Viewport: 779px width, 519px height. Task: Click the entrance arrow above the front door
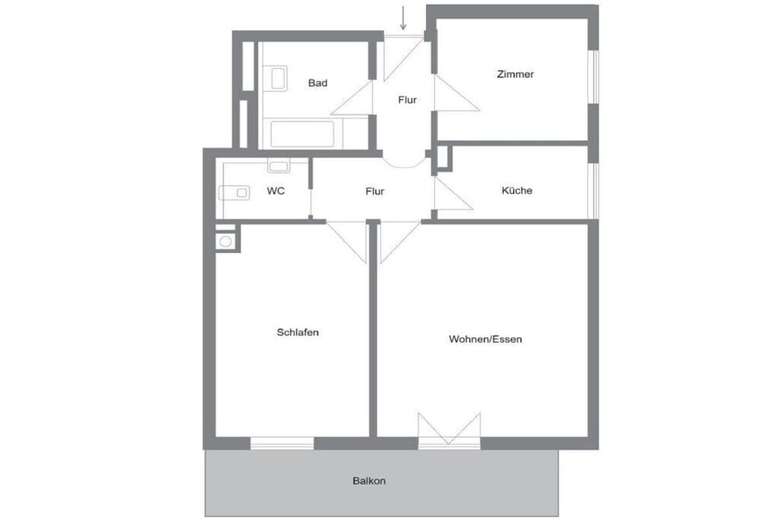(403, 18)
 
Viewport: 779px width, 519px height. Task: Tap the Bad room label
(318, 83)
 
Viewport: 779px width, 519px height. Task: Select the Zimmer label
(516, 74)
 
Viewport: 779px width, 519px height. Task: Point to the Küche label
(517, 191)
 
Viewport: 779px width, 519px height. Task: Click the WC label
(276, 191)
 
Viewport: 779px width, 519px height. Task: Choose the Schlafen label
(298, 332)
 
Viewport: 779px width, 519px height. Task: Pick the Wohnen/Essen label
(485, 339)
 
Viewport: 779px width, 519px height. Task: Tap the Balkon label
(369, 481)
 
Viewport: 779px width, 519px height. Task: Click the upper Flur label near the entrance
(407, 100)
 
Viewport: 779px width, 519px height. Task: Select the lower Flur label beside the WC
(375, 191)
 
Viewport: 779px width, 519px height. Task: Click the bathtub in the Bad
(302, 134)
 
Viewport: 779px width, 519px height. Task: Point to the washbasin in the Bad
(278, 79)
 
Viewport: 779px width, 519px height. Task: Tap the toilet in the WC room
(235, 192)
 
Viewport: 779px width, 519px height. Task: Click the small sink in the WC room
(278, 165)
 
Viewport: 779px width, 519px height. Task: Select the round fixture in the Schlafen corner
(226, 242)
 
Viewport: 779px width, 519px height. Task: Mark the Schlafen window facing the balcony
(282, 443)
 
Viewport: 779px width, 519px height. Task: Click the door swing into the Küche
(453, 193)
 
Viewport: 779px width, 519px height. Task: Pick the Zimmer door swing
(457, 93)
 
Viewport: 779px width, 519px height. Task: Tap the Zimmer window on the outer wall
(593, 77)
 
